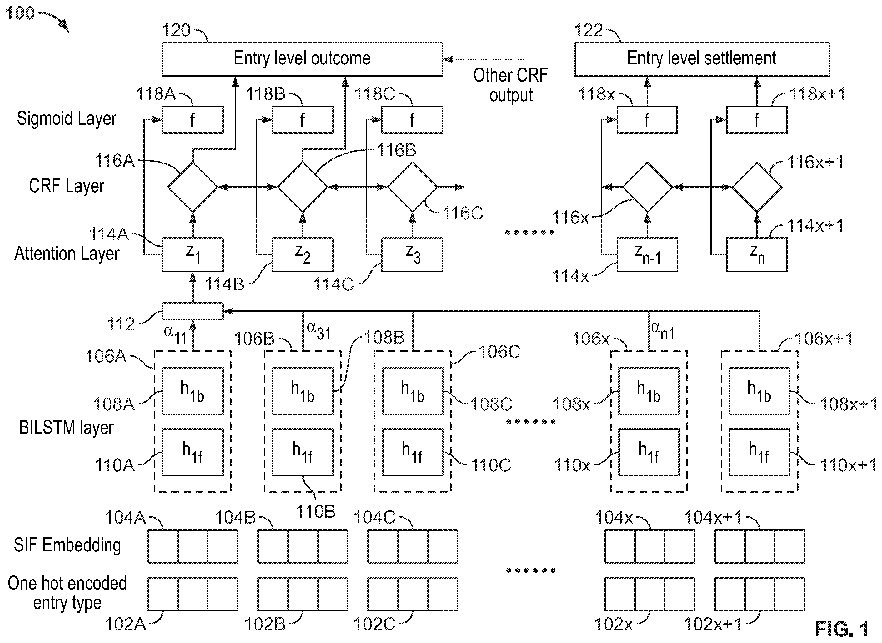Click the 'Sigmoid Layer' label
point(67,119)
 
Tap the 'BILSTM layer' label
point(66,428)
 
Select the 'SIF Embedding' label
point(67,545)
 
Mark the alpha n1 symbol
point(663,331)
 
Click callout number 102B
point(265,624)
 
